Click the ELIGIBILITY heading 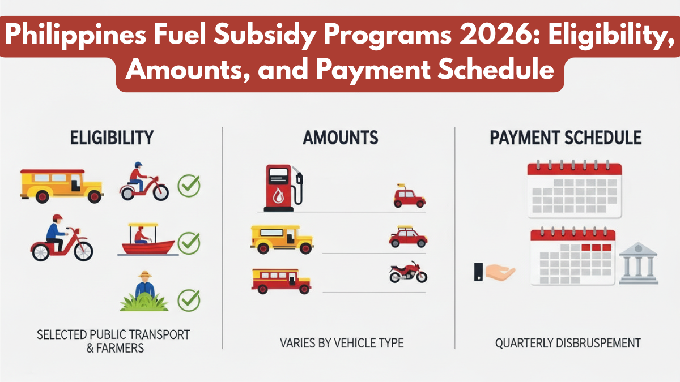coord(111,138)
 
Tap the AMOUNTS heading coord(341,138)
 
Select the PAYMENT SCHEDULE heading coord(566,138)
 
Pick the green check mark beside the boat coord(189,243)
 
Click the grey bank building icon coord(637,263)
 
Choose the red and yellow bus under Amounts coord(281,281)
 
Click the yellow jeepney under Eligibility coord(61,185)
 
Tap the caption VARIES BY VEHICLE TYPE coord(341,343)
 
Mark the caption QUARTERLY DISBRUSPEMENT coord(568,343)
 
